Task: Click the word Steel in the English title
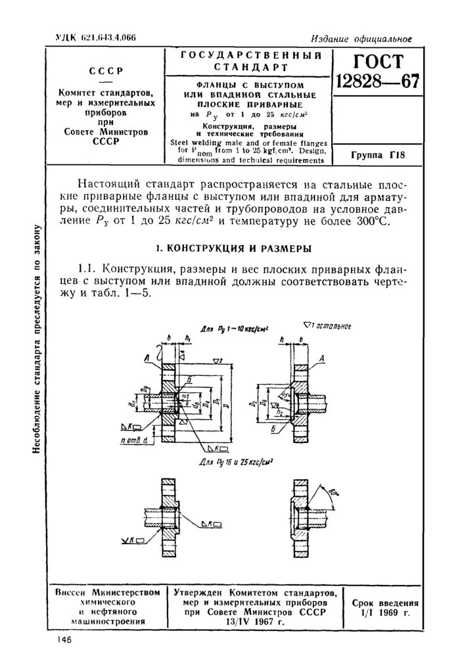(x=182, y=141)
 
